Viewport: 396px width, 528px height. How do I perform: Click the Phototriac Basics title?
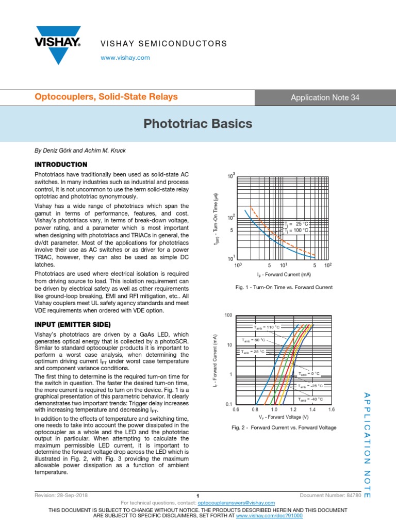(198, 124)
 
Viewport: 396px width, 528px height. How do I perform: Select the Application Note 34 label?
(325, 97)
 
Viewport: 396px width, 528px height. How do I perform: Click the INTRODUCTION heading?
(60, 164)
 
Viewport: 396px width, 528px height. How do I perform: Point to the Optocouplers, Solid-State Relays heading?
(106, 97)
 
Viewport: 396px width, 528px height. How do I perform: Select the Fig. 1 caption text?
(284, 287)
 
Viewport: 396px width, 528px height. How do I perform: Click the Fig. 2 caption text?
(284, 427)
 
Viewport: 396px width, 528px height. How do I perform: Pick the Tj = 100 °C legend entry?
(296, 230)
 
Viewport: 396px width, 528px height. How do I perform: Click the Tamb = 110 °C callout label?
(266, 327)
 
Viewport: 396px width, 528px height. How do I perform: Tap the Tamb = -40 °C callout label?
(310, 399)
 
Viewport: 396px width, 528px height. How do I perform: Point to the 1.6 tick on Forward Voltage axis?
(331, 409)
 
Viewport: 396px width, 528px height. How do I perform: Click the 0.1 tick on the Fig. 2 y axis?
(228, 404)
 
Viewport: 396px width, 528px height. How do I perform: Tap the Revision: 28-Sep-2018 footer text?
(61, 495)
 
